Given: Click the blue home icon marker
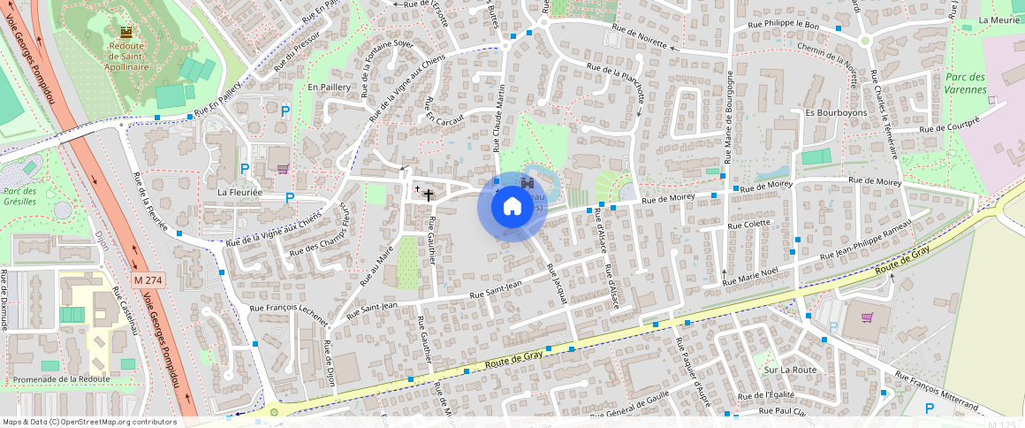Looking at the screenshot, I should pyautogui.click(x=512, y=207).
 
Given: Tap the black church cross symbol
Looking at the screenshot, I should pyautogui.click(x=429, y=195).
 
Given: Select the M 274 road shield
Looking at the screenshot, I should pyautogui.click(x=149, y=279).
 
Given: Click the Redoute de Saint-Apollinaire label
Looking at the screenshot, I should pyautogui.click(x=126, y=55).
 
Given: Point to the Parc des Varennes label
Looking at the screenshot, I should pyautogui.click(x=965, y=83).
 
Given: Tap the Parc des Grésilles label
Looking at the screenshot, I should pyautogui.click(x=19, y=196).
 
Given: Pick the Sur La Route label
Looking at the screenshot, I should pyautogui.click(x=790, y=370).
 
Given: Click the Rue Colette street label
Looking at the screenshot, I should pyautogui.click(x=749, y=225).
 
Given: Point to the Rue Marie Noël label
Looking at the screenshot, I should pyautogui.click(x=750, y=275).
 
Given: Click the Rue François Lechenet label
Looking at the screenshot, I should pyautogui.click(x=288, y=312).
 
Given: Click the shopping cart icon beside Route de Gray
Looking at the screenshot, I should pyautogui.click(x=868, y=317).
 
